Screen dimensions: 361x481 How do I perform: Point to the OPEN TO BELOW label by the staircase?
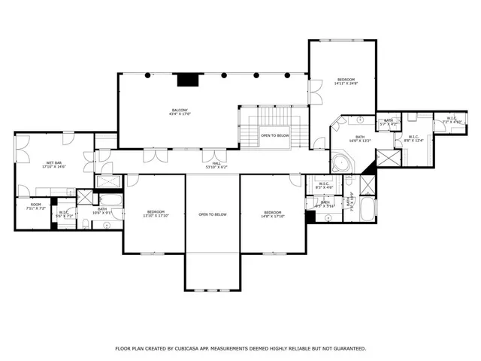click(275, 135)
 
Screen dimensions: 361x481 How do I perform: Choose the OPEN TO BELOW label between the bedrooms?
click(213, 214)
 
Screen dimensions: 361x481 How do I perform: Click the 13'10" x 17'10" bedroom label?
click(156, 214)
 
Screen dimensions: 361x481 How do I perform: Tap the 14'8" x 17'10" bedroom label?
click(272, 214)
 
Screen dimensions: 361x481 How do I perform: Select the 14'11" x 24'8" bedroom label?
click(346, 81)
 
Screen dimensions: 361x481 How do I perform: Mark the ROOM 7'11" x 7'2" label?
click(35, 206)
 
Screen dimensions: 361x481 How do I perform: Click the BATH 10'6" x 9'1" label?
click(102, 211)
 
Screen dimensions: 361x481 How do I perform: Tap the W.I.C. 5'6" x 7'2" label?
click(65, 214)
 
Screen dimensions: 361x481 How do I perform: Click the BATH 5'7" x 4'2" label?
click(389, 122)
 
